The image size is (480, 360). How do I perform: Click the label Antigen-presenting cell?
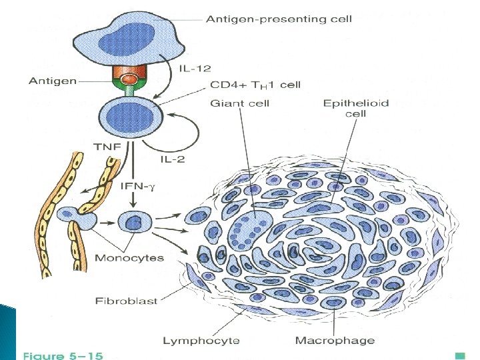click(279, 19)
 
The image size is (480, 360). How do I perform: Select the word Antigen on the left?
click(54, 81)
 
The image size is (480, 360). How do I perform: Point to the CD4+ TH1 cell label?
click(255, 85)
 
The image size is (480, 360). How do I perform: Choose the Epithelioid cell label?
click(355, 108)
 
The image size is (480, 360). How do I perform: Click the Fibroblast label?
click(125, 301)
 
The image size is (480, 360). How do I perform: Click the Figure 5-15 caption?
click(63, 356)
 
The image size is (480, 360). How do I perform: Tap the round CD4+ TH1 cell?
click(131, 116)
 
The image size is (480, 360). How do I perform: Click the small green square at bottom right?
click(459, 354)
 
